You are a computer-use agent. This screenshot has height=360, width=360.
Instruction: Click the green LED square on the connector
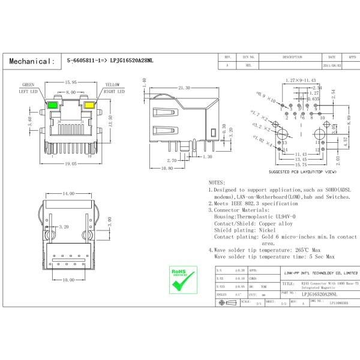pyautogui.click(x=52, y=105)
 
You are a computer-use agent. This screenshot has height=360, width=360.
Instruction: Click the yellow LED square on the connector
pyautogui.click(x=89, y=105)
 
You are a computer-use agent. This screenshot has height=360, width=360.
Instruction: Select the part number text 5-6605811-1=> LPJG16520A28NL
pyautogui.click(x=110, y=61)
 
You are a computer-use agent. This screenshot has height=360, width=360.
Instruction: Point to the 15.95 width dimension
pyautogui.click(x=70, y=82)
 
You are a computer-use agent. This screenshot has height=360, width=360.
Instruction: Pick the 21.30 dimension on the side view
pyautogui.click(x=184, y=88)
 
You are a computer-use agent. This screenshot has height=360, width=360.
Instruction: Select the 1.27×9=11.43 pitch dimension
pyautogui.click(x=301, y=80)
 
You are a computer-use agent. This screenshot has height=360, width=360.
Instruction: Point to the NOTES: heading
pyautogui.click(x=217, y=182)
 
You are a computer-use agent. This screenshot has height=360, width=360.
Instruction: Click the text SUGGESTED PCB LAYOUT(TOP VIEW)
pyautogui.click(x=302, y=171)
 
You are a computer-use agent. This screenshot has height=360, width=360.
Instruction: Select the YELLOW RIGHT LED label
pyautogui.click(x=113, y=89)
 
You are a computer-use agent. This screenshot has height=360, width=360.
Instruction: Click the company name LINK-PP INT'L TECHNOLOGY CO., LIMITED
pyautogui.click(x=322, y=273)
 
